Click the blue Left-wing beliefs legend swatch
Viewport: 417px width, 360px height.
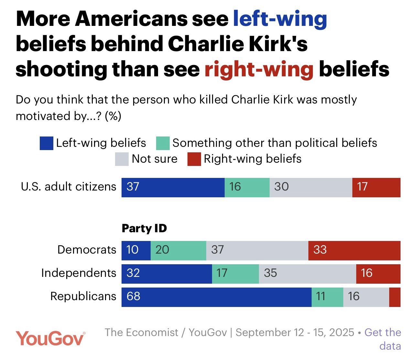(x=46, y=143)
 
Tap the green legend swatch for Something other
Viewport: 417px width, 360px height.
(x=163, y=143)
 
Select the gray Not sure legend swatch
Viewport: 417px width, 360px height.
(x=122, y=159)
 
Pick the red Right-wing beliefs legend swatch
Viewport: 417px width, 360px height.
(x=194, y=159)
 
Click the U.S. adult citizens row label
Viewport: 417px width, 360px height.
(x=69, y=187)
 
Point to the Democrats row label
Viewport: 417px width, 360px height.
(x=87, y=250)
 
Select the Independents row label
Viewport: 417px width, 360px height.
(x=79, y=273)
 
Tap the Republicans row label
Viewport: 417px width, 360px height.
(x=83, y=296)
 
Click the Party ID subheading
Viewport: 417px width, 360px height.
(x=144, y=228)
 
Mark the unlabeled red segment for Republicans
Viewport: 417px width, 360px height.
(x=395, y=297)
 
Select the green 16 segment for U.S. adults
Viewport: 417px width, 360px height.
(x=247, y=187)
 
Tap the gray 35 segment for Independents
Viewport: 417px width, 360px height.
(x=307, y=274)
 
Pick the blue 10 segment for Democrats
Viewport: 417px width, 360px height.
(x=136, y=250)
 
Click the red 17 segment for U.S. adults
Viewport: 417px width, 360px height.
(x=376, y=187)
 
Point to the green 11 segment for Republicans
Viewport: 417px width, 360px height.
(x=327, y=297)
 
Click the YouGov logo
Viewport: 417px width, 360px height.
(x=51, y=338)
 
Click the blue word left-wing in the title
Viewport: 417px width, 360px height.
(x=280, y=18)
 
